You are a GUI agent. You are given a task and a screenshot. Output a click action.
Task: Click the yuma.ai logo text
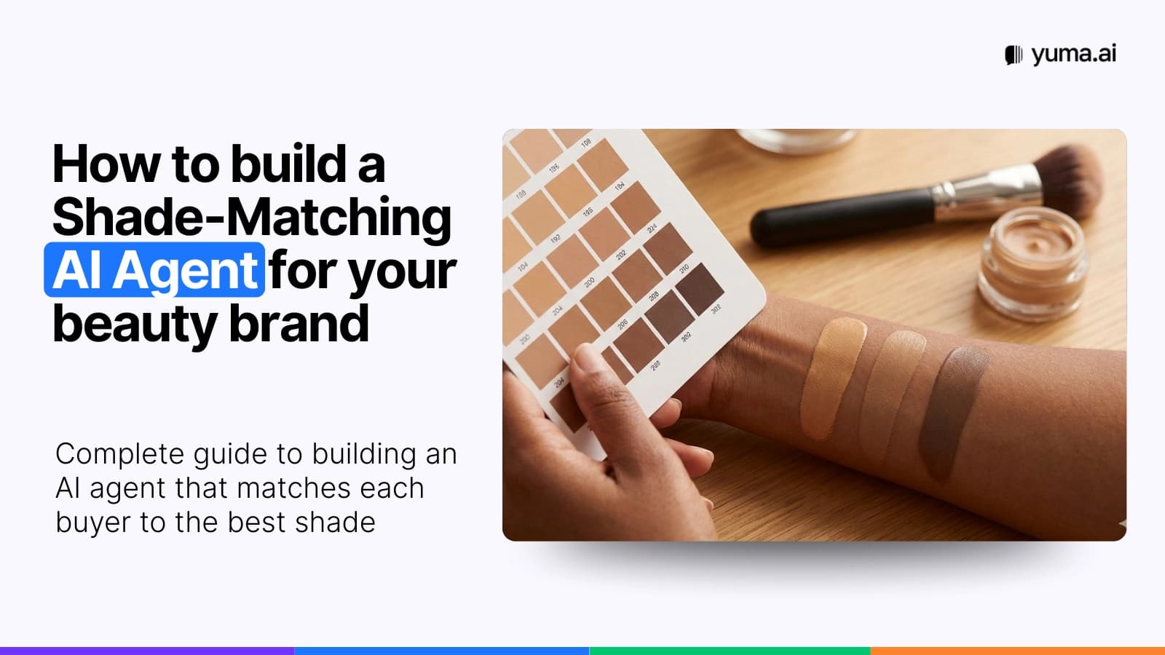[1073, 54]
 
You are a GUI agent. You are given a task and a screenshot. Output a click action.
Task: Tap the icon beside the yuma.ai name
[1013, 55]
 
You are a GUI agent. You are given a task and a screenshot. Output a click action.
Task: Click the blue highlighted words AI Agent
[154, 270]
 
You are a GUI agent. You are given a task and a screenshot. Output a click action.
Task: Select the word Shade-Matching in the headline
[252, 217]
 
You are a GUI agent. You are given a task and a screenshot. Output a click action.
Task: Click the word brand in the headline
[299, 324]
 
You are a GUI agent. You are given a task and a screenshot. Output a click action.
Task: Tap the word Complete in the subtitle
[119, 454]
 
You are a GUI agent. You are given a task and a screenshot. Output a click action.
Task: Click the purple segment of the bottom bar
[146, 651]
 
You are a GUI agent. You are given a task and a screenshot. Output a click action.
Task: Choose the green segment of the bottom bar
[729, 651]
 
